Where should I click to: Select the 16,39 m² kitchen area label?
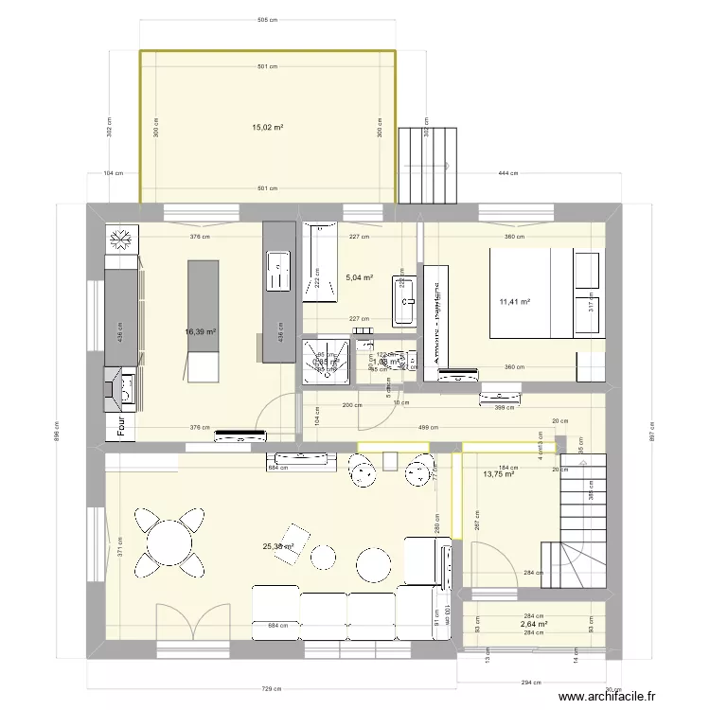coord(201,332)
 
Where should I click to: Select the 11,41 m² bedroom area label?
coord(514,303)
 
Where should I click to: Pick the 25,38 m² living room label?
coord(277,546)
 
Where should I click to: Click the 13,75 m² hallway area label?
coord(498,474)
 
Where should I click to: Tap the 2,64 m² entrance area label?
coord(534,625)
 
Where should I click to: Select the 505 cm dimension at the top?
coord(267,19)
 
